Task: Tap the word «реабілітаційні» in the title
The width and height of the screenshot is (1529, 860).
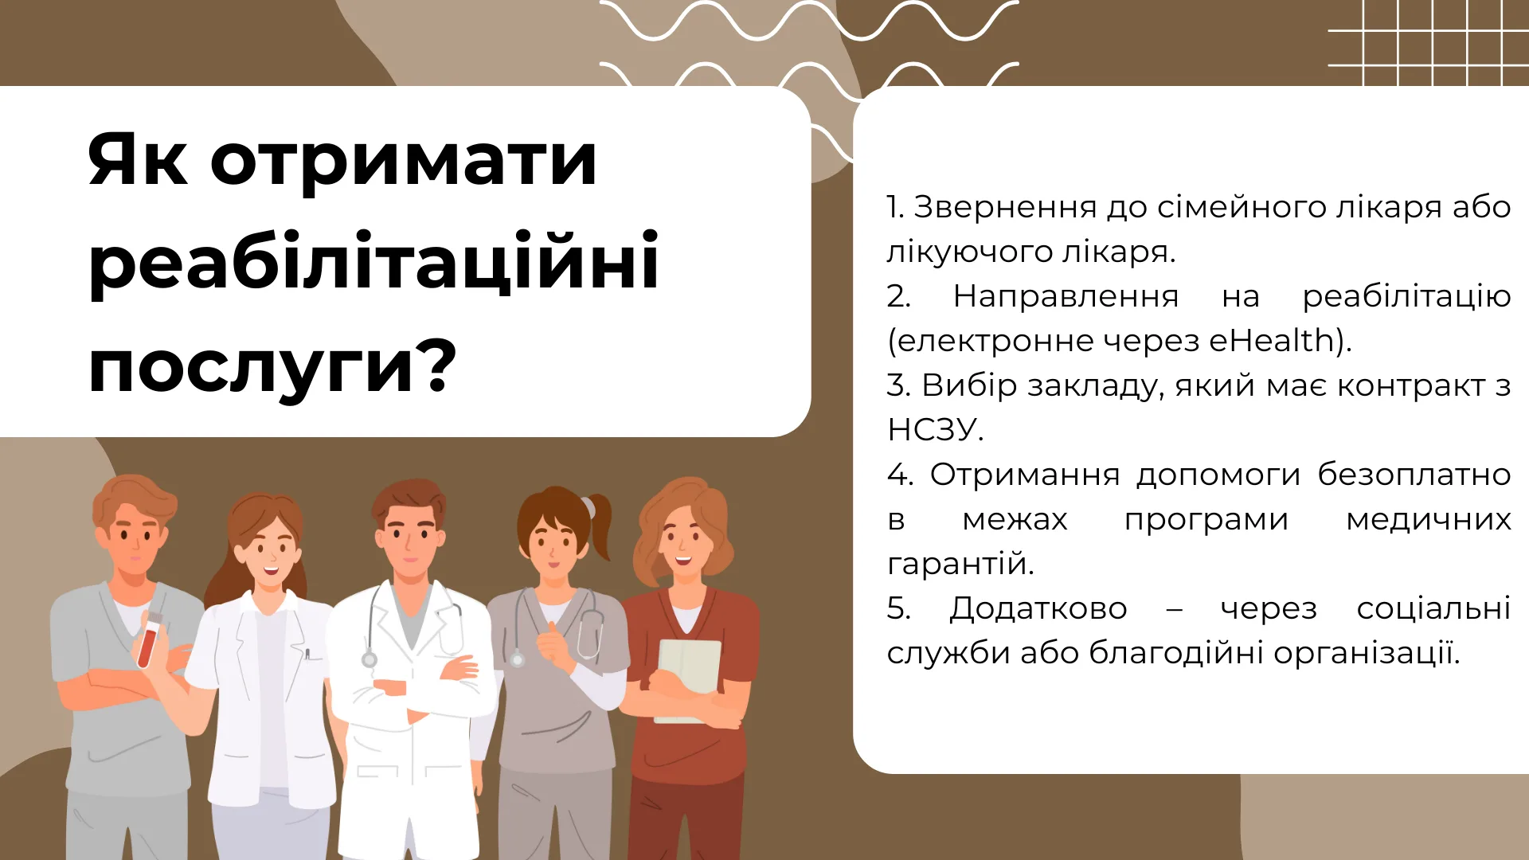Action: point(373,260)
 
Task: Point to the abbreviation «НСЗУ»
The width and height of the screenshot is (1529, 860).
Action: point(931,430)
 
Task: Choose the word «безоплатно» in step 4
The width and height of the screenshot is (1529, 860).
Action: point(1414,475)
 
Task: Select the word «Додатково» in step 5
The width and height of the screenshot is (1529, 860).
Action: point(1038,609)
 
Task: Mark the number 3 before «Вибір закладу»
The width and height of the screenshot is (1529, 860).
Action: point(895,386)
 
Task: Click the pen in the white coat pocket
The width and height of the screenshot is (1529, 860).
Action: point(307,655)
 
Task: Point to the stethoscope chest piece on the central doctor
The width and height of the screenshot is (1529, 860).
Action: point(369,659)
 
